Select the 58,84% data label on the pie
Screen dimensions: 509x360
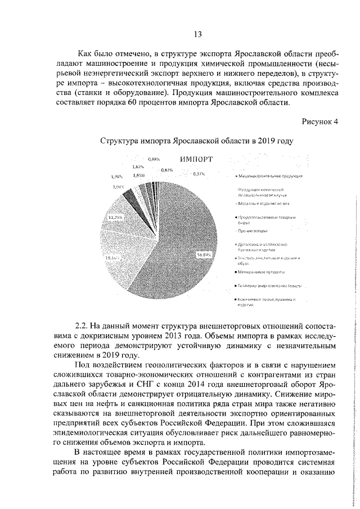click(x=203, y=254)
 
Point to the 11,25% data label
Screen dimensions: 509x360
click(x=116, y=217)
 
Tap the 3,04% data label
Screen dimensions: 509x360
click(x=118, y=186)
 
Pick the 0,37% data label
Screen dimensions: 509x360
click(x=198, y=174)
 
